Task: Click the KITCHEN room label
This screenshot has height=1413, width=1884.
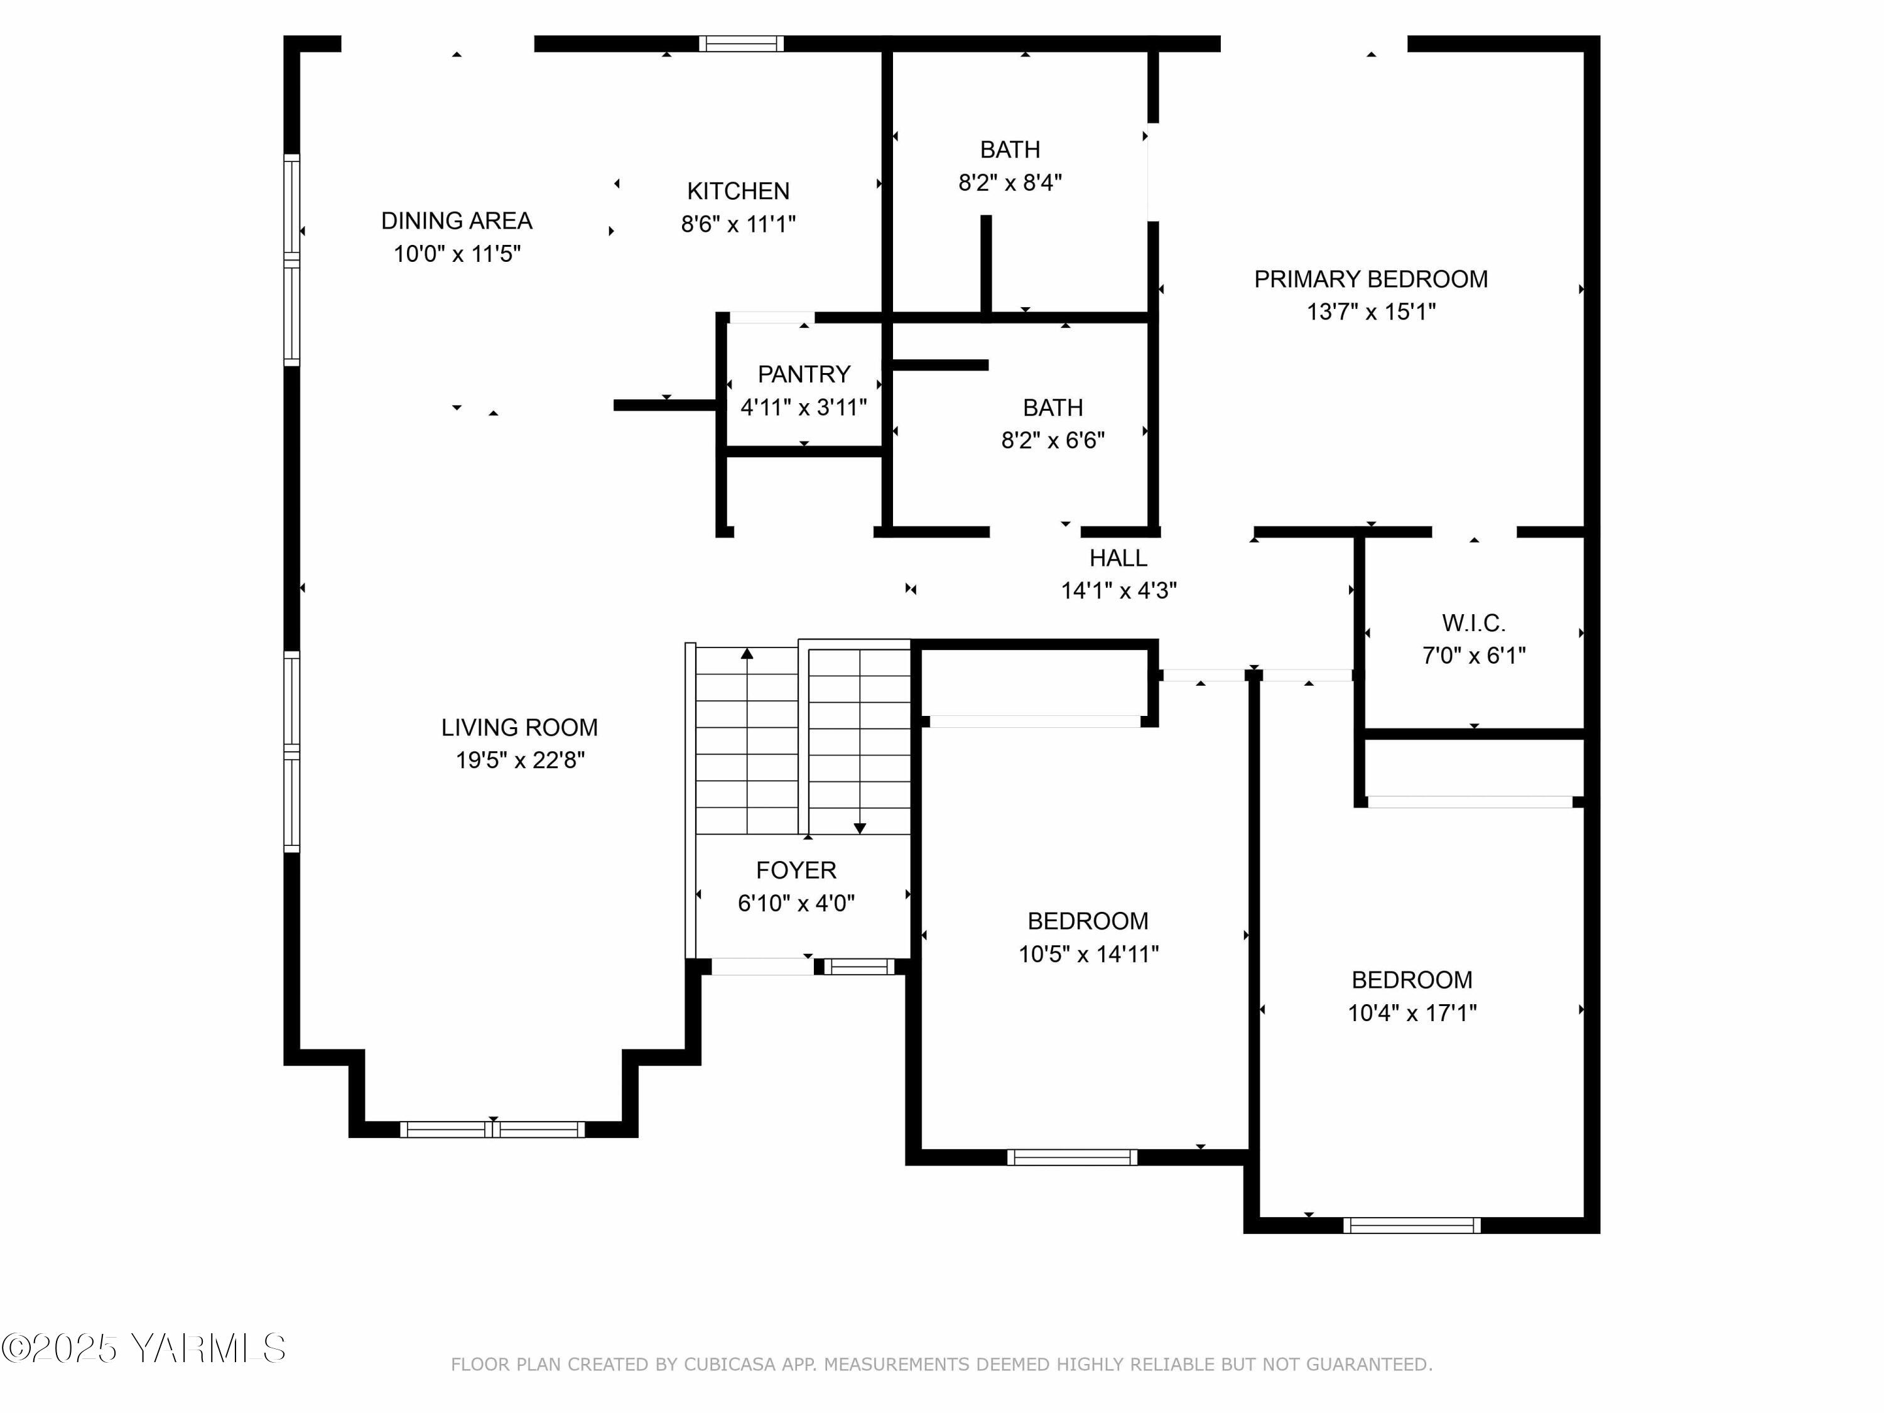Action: [738, 191]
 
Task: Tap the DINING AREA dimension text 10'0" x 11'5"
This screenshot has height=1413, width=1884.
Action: [457, 254]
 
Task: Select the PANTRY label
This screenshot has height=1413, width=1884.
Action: [803, 374]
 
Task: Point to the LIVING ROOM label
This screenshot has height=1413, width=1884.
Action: [519, 727]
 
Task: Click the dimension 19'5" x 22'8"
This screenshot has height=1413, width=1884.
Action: [519, 760]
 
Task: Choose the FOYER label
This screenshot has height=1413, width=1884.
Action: [796, 870]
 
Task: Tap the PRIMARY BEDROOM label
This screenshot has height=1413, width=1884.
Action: [1370, 279]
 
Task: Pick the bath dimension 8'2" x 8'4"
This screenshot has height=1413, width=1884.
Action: [1009, 182]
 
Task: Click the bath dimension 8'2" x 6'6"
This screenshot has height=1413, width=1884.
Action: [1052, 440]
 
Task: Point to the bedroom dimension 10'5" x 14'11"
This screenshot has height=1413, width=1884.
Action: [1088, 954]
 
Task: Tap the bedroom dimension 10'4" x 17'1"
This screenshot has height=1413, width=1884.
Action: [1411, 1013]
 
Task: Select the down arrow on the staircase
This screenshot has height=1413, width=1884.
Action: [859, 828]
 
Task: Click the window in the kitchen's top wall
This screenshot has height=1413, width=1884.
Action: [741, 43]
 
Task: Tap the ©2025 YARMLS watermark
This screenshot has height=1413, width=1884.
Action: [143, 1348]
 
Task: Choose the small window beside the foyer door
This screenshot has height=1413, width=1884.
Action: [858, 966]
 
